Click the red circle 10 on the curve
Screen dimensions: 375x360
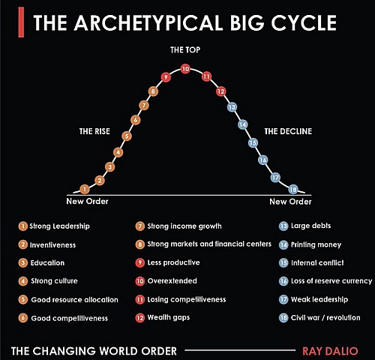click(x=185, y=69)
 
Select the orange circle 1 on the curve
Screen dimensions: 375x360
click(x=85, y=189)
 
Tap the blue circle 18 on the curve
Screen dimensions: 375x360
click(x=293, y=190)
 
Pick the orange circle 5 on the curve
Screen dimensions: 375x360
click(x=127, y=136)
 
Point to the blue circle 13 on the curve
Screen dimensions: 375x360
click(x=232, y=107)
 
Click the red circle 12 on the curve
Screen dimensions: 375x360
click(x=221, y=91)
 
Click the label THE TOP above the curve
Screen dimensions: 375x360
click(x=185, y=50)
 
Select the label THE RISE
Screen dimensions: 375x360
click(x=94, y=131)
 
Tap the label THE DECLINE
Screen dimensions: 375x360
click(x=288, y=131)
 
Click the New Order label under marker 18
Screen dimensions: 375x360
click(x=290, y=202)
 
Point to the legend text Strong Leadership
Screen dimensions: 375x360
click(x=59, y=226)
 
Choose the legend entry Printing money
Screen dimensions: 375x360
click(x=316, y=244)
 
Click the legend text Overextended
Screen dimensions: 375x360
click(x=172, y=280)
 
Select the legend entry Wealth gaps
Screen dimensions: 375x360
click(x=169, y=317)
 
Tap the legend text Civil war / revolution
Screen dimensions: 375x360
click(x=325, y=318)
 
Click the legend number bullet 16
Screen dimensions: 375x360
click(x=283, y=281)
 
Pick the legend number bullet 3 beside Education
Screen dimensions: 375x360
click(x=23, y=263)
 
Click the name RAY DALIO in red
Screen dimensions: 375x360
click(x=330, y=351)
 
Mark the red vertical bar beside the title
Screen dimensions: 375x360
click(x=21, y=22)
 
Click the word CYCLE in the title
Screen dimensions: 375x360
click(x=304, y=22)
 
